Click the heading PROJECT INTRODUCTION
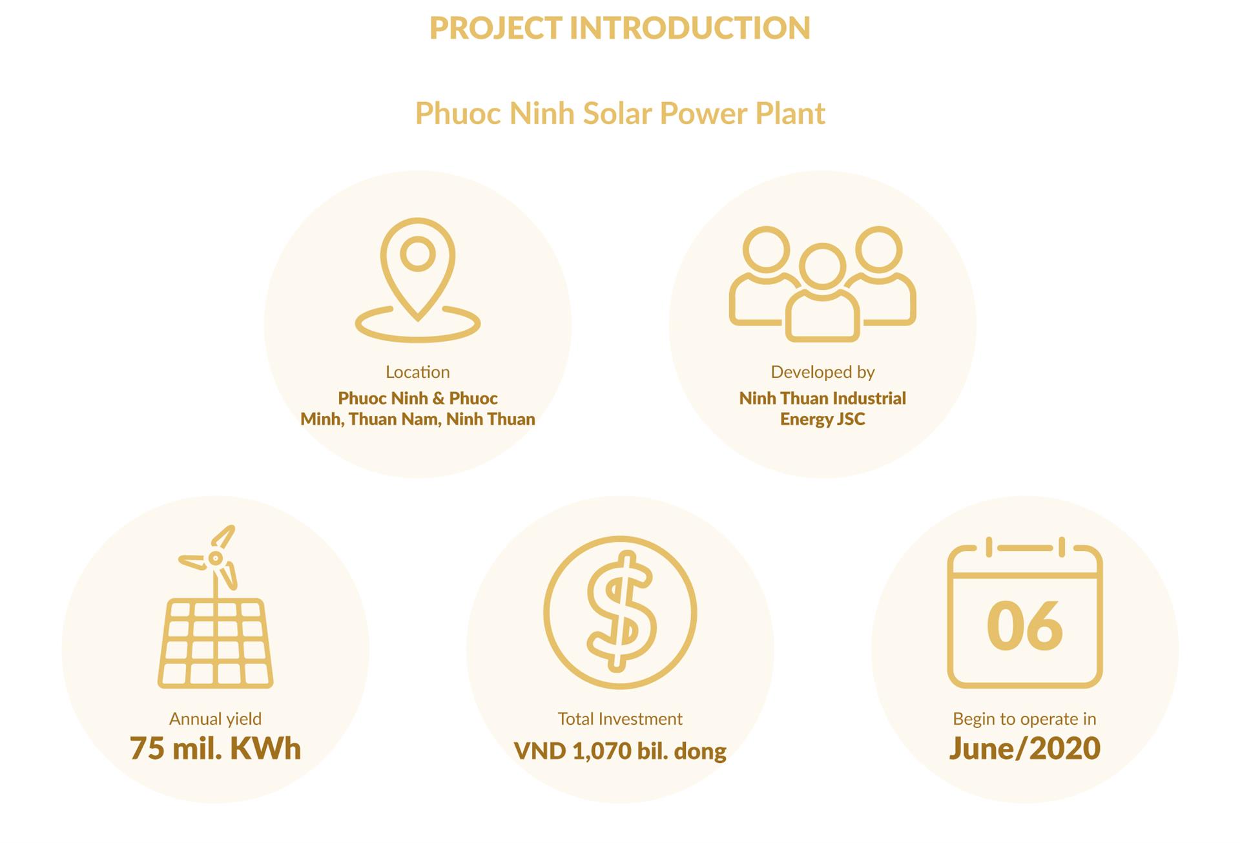[x=620, y=28]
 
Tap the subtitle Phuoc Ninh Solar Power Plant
[x=620, y=113]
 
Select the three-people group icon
[x=823, y=283]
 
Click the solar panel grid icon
[x=216, y=643]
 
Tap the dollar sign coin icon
[x=620, y=612]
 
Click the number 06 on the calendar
[x=1025, y=625]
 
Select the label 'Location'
[x=418, y=372]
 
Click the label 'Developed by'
[x=823, y=372]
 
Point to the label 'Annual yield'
[x=216, y=719]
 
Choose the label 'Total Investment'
[x=620, y=719]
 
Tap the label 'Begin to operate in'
[x=1025, y=719]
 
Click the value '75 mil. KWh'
[x=216, y=749]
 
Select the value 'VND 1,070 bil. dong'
[x=620, y=751]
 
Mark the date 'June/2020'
[x=1025, y=749]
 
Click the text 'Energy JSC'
[x=823, y=419]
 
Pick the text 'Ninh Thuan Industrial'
[x=823, y=398]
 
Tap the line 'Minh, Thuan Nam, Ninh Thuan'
[x=418, y=419]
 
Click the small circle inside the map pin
[x=418, y=253]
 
